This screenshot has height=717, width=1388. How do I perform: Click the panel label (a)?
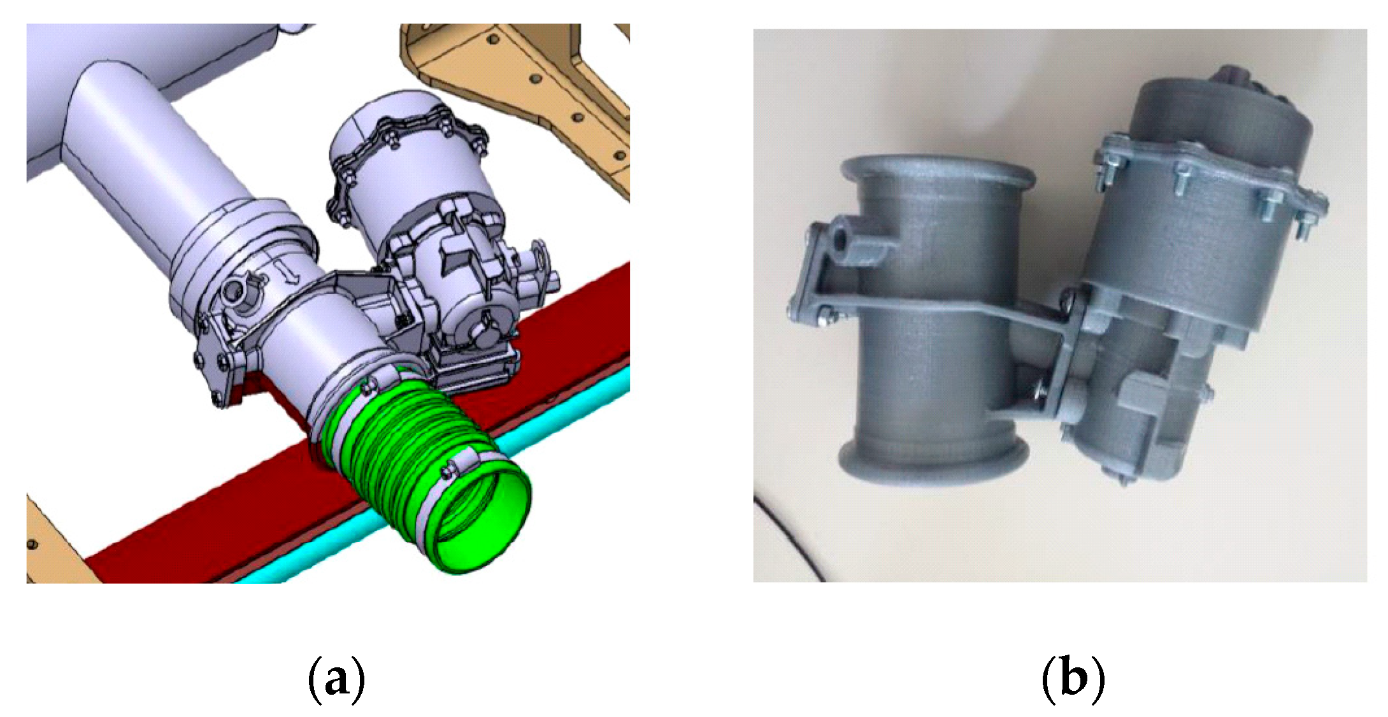point(336,681)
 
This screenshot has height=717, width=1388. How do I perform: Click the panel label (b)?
point(1073,679)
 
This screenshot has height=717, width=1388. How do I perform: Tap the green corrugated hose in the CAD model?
point(420,471)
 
